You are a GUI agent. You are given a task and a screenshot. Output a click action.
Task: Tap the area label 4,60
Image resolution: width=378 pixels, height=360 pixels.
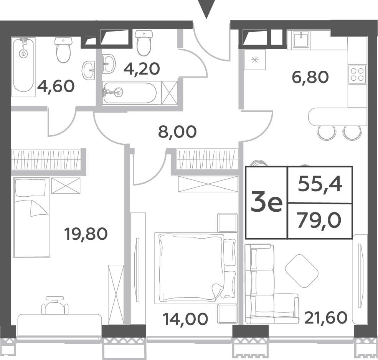[56, 86]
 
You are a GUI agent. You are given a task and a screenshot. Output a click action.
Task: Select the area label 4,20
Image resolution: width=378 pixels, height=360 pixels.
[142, 68]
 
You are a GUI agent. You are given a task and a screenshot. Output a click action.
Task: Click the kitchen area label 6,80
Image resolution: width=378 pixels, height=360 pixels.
[310, 77]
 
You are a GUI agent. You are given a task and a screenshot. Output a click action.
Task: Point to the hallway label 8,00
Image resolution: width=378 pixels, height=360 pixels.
[177, 132]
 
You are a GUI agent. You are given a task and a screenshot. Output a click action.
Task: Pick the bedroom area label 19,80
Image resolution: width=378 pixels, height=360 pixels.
[86, 234]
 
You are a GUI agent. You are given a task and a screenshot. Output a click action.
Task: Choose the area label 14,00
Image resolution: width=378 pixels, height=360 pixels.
[185, 319]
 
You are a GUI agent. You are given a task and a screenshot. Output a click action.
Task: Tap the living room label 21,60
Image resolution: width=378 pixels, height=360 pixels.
[326, 317]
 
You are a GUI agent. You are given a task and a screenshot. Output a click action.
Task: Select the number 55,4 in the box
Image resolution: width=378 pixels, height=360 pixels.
[320, 184]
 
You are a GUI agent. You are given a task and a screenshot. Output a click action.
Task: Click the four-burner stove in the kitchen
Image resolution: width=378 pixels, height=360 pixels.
[357, 74]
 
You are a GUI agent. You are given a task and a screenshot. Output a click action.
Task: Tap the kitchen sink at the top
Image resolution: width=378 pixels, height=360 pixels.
[300, 39]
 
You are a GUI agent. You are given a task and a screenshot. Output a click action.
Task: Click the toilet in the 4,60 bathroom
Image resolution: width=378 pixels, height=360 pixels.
[64, 50]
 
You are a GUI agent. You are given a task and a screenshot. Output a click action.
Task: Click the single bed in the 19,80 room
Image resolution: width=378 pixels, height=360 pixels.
[32, 217]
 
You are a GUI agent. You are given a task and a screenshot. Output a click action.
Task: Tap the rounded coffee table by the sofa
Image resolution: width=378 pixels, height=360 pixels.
[302, 271]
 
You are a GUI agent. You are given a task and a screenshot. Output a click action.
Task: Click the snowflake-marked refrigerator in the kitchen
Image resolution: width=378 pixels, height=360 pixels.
[255, 60]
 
